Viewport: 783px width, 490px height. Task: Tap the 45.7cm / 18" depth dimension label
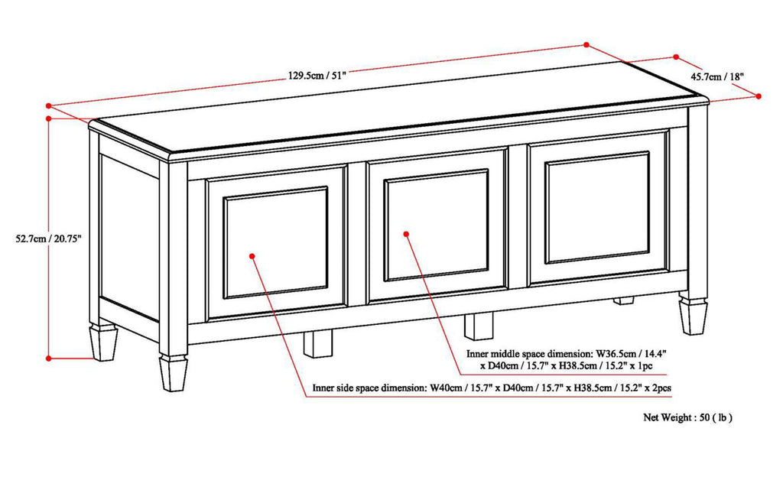click(x=717, y=76)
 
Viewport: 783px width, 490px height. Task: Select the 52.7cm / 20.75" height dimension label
click(x=48, y=238)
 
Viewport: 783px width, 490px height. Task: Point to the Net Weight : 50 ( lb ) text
click(x=687, y=417)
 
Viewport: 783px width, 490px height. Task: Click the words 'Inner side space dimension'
click(x=369, y=388)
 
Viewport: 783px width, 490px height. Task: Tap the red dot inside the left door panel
click(x=253, y=258)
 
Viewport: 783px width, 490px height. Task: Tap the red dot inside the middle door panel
click(x=406, y=233)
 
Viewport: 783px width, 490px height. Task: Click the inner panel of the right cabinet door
click(x=597, y=207)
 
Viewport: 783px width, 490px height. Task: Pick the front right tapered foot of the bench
click(x=694, y=316)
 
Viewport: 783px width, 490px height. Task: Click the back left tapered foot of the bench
click(x=103, y=342)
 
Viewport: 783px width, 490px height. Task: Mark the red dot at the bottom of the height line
click(x=48, y=357)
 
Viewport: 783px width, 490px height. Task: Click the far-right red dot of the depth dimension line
click(x=759, y=96)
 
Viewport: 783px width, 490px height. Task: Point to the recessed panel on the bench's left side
click(x=129, y=236)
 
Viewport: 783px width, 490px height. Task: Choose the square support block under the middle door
click(x=479, y=326)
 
